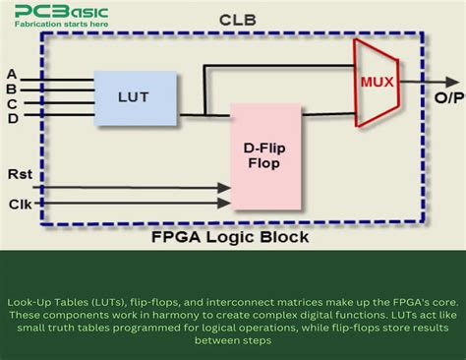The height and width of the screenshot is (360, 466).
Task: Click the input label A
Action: click(12, 74)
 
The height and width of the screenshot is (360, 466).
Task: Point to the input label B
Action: click(12, 89)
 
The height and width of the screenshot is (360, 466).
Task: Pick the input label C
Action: click(12, 103)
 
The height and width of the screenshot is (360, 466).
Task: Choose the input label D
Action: click(12, 118)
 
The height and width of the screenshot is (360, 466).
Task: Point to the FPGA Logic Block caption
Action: click(229, 238)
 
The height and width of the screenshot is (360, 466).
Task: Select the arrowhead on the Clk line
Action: click(223, 204)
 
